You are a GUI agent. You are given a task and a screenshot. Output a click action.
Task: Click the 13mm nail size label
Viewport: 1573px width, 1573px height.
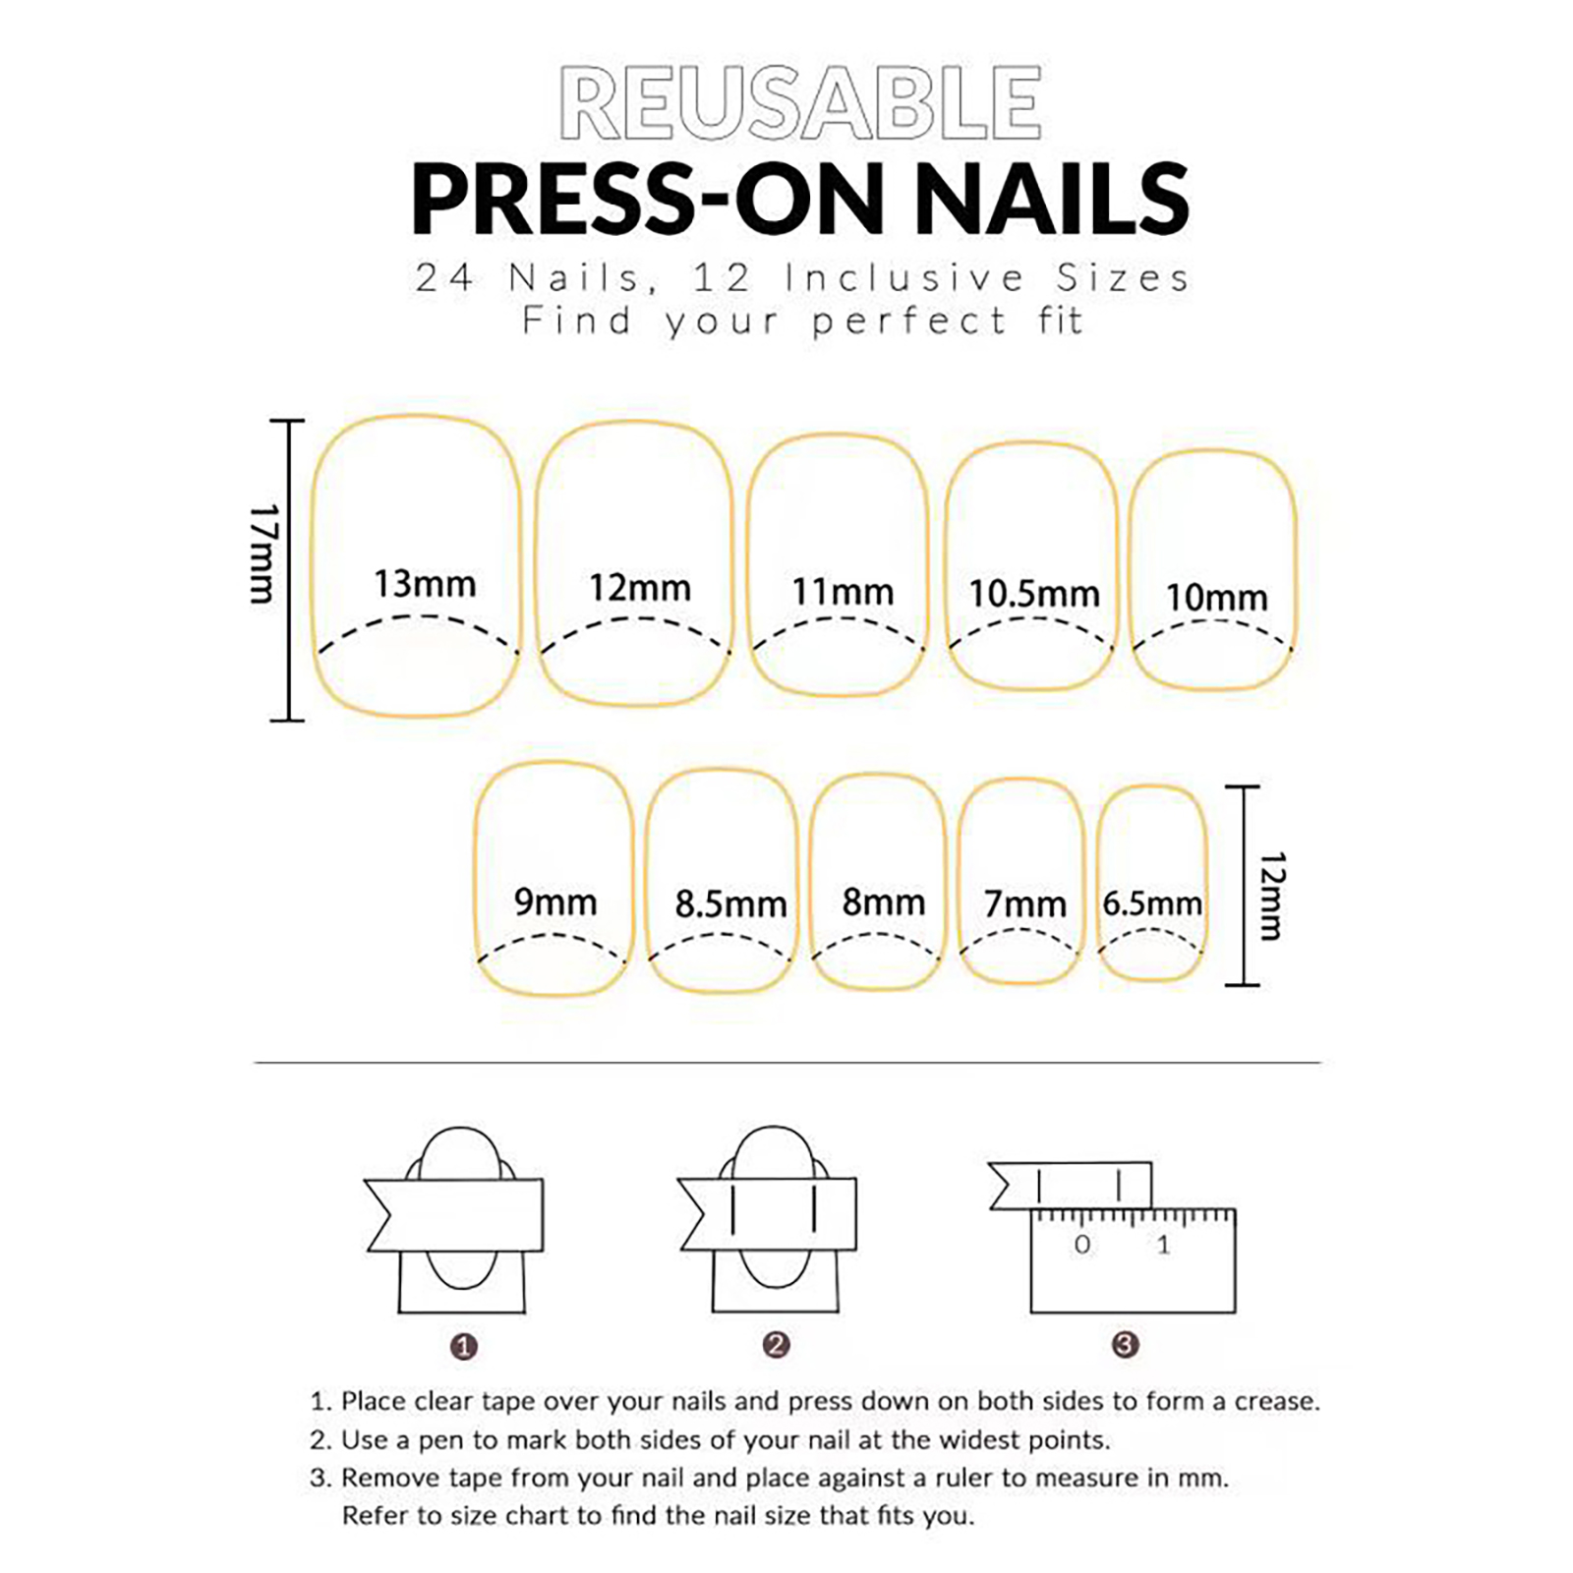tap(425, 584)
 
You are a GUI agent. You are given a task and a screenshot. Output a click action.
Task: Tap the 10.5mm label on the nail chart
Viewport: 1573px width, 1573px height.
tap(1034, 594)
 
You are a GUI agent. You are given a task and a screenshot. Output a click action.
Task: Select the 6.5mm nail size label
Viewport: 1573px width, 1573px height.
tap(1152, 903)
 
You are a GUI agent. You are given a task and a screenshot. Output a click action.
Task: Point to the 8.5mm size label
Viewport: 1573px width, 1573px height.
tap(730, 904)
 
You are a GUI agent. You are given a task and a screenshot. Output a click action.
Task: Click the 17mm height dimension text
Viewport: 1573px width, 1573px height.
tap(263, 553)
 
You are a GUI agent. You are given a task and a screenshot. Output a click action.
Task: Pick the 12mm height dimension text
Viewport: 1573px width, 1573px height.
tap(1270, 896)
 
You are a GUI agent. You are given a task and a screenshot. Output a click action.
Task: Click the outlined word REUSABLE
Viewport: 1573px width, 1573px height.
tap(800, 103)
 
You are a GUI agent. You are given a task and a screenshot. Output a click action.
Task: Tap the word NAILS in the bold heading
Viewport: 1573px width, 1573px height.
tap(1053, 199)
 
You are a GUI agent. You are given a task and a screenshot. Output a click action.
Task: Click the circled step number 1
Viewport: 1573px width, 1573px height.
tap(463, 1346)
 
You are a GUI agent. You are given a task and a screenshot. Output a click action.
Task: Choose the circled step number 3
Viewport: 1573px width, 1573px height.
tap(1125, 1344)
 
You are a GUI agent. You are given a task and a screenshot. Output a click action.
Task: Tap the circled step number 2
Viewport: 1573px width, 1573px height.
tap(776, 1344)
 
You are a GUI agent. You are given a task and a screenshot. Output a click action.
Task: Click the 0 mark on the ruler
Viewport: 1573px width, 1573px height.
tap(1081, 1245)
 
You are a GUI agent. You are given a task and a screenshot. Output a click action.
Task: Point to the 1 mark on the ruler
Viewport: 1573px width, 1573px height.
tap(1164, 1245)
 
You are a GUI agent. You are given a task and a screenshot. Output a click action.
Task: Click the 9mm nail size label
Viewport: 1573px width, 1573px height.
tap(555, 903)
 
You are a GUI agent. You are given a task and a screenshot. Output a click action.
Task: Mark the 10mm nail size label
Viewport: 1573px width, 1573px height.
tap(1217, 598)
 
